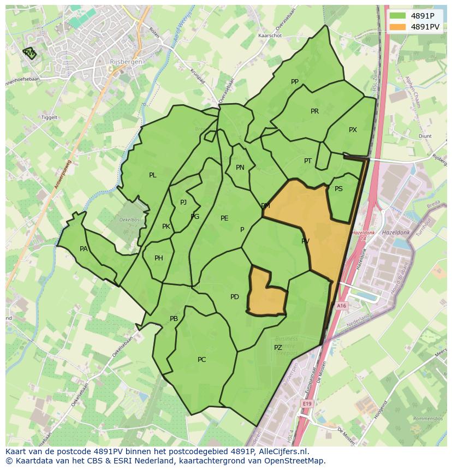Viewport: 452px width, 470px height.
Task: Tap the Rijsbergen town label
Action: [126, 62]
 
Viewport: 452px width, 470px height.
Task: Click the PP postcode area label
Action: [295, 82]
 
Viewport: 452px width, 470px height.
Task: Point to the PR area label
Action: [314, 111]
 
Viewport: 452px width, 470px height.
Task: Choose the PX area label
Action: [353, 130]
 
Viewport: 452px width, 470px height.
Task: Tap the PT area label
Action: [308, 161]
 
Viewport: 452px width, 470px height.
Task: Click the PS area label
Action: [338, 189]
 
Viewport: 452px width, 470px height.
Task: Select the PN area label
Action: [240, 168]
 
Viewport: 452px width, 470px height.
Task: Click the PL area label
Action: [153, 175]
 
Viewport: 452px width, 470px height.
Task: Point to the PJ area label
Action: [183, 203]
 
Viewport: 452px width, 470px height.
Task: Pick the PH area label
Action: [159, 258]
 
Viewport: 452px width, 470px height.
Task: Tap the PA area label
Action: [84, 249]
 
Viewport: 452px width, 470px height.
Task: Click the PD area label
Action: [235, 297]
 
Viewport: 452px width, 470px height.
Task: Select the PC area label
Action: [202, 360]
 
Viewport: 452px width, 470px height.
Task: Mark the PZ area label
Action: [278, 348]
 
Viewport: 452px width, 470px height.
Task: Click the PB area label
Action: [174, 319]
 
